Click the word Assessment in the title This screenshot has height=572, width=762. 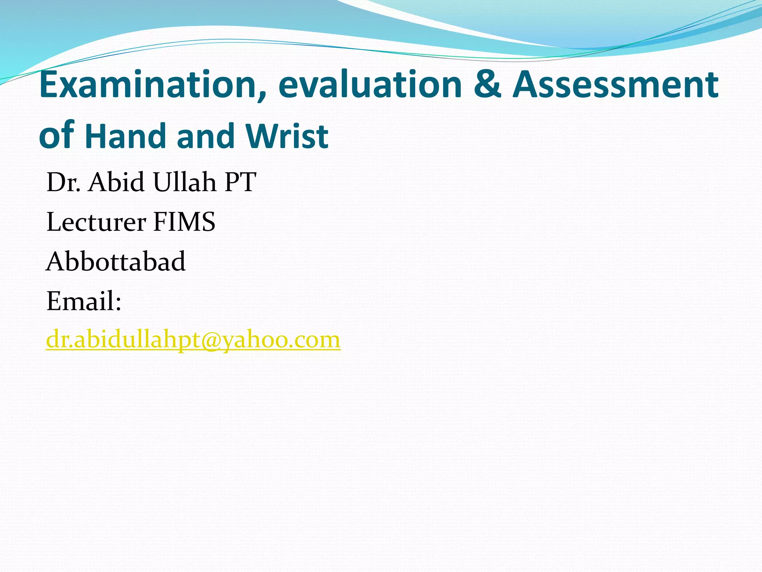pos(616,85)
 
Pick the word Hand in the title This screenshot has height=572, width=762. pos(125,136)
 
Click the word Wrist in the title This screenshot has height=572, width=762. pos(286,136)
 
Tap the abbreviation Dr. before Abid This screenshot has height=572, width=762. pos(63,182)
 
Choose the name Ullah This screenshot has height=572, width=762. pos(184,182)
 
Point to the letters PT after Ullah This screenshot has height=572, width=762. pos(240,182)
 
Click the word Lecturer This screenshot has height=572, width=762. pos(96,222)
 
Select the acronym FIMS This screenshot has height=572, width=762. pos(184,222)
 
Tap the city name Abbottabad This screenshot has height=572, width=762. pos(116,262)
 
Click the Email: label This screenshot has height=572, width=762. pos(84,301)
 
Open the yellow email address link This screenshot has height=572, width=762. pos(193,340)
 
